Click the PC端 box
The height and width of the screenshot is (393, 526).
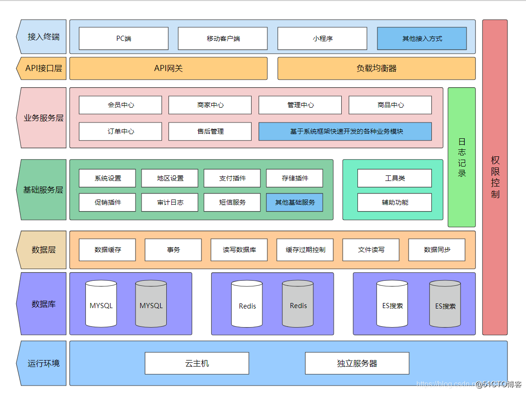click(123, 39)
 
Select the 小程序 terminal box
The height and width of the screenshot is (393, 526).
click(322, 39)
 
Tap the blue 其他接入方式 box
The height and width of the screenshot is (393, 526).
click(422, 39)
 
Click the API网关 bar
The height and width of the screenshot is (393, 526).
click(169, 69)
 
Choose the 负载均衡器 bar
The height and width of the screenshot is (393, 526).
click(377, 69)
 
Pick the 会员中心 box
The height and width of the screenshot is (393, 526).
click(120, 105)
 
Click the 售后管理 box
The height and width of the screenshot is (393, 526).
click(210, 131)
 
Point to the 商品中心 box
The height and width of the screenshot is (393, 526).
click(390, 105)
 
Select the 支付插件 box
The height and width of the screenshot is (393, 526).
click(232, 178)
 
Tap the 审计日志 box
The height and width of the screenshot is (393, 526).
click(169, 202)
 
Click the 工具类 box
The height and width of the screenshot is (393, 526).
click(394, 178)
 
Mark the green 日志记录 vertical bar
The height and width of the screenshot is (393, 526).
click(461, 157)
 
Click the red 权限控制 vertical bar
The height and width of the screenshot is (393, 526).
click(495, 177)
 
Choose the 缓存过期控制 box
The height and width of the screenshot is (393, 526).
click(305, 250)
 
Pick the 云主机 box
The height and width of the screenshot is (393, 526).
click(197, 363)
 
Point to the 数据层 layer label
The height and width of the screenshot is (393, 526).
click(43, 250)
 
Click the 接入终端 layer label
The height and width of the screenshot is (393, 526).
click(43, 37)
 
